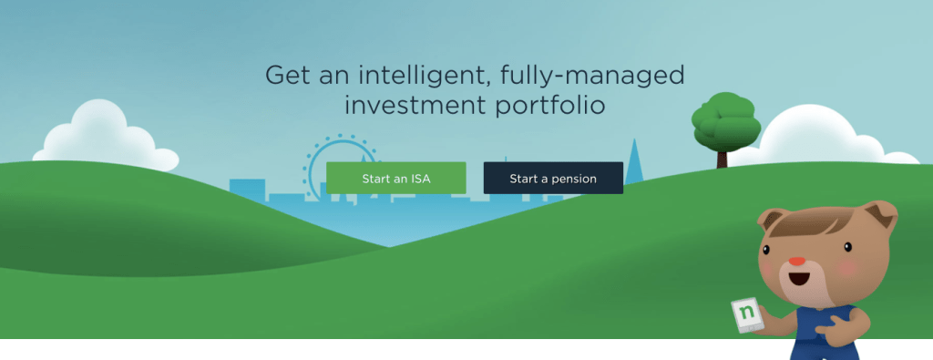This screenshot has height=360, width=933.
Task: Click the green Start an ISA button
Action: pyautogui.click(x=395, y=178)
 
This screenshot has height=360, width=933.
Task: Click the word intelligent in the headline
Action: pyautogui.click(x=422, y=77)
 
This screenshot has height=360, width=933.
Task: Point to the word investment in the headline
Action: pyautogui.click(x=415, y=106)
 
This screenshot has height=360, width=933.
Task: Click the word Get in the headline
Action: pyautogui.click(x=288, y=77)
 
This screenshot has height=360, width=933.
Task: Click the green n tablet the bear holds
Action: pyautogui.click(x=747, y=314)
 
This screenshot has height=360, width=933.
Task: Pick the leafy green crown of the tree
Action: pyautogui.click(x=726, y=122)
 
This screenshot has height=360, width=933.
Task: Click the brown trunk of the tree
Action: pyautogui.click(x=723, y=159)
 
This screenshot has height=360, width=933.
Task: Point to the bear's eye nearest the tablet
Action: pyautogui.click(x=764, y=250)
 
